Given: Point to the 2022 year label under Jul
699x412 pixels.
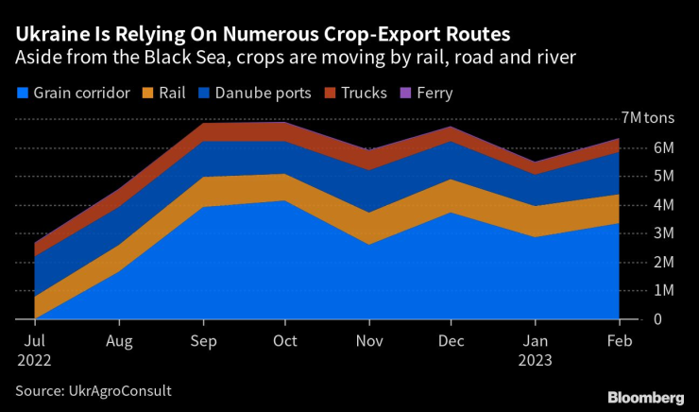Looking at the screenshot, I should [33, 360].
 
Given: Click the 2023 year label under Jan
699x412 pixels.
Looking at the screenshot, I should [536, 360].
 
